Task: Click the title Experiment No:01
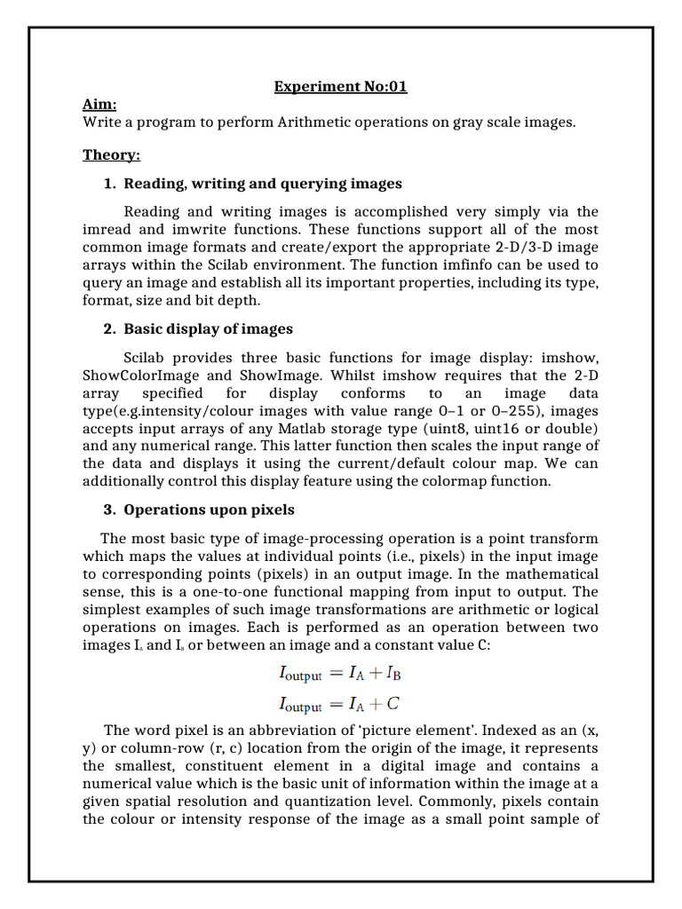point(340,87)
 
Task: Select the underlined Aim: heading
point(99,104)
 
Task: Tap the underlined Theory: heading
point(111,155)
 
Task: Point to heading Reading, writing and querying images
point(262,184)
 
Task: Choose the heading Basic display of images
point(208,329)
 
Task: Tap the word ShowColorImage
point(143,375)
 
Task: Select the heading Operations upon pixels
point(209,510)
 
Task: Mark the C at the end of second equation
point(393,705)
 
